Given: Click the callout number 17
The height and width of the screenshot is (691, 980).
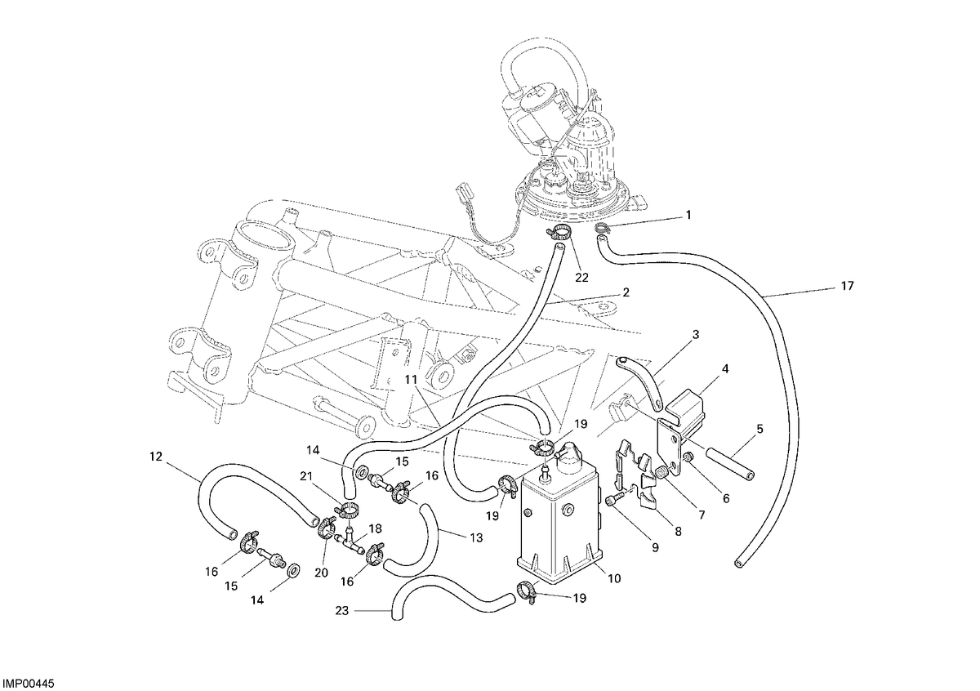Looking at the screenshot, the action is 847,286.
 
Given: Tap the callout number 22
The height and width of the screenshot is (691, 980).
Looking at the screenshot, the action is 581,278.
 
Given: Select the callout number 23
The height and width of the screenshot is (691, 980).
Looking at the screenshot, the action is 341,610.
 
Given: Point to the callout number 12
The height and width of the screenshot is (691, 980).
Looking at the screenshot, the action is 156,457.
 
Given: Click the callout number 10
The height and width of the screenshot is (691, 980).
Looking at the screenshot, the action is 614,578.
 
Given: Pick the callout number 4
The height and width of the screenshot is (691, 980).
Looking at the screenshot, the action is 725,369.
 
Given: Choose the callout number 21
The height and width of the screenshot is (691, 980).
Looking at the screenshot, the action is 307,476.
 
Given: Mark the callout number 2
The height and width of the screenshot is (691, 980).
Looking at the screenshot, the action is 626,292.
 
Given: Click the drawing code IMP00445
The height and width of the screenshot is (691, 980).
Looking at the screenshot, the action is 29,683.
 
